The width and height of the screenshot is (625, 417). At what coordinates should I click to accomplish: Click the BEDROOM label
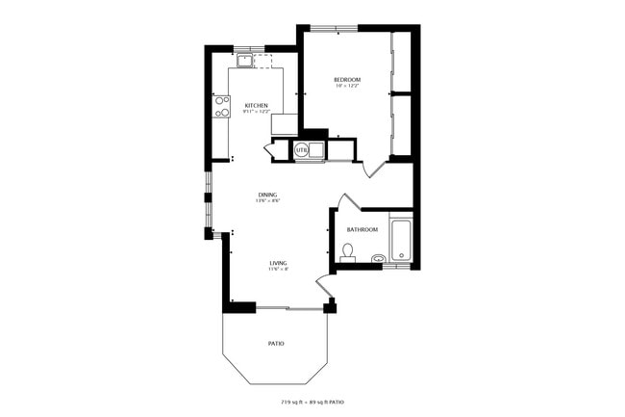pos(347,79)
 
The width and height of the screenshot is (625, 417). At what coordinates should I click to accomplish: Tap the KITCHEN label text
pos(256,105)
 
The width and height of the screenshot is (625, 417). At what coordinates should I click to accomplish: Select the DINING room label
pos(266,195)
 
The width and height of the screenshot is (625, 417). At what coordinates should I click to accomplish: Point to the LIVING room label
pos(278,262)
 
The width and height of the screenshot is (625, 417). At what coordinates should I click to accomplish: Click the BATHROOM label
pos(362,229)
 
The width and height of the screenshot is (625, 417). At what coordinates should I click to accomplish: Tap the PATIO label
pos(275,343)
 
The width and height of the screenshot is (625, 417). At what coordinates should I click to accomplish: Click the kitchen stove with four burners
pos(222,106)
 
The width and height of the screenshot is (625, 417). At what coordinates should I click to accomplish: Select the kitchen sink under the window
pos(245,61)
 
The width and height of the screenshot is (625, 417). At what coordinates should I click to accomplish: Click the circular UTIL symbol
pos(301,150)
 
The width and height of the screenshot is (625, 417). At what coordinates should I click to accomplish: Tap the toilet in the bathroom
pos(348,252)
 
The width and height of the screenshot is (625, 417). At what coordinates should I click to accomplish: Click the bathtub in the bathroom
pos(401,241)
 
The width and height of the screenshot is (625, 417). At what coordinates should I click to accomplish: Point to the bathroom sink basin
pos(378,258)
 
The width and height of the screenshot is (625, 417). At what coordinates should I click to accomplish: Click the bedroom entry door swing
pos(377,169)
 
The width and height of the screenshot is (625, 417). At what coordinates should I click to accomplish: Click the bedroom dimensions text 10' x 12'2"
pos(347,87)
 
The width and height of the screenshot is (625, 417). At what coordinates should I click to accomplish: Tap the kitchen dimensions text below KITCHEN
pos(256,113)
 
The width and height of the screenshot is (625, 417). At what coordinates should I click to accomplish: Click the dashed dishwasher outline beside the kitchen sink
pos(262,61)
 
